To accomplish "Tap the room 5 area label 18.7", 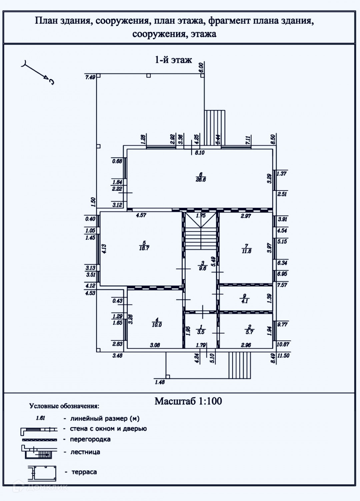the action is [144, 248].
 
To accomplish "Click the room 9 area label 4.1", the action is [245, 301].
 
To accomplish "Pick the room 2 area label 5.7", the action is [249, 332].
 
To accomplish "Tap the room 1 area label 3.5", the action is [201, 332].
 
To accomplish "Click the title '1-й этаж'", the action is [173, 60].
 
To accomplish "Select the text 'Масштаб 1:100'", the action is [188, 401].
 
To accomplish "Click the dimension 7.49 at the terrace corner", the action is [90, 77].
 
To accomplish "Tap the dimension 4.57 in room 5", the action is [141, 216].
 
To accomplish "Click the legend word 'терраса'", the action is [84, 472].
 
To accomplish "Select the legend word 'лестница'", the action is [85, 452].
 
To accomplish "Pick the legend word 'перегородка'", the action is [90, 439].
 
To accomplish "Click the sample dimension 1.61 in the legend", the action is [40, 418].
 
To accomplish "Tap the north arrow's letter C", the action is [52, 82].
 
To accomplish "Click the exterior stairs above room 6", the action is [215, 128].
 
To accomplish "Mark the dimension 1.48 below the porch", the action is [160, 382].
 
